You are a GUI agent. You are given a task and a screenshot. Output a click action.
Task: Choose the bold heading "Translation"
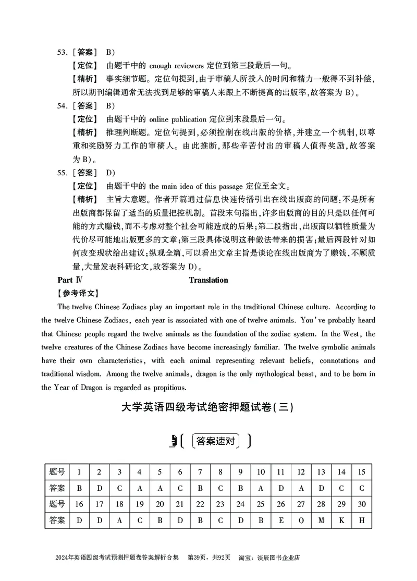point(208,280)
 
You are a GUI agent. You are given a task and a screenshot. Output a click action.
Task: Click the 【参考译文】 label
point(77,293)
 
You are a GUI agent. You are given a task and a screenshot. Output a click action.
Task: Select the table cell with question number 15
point(361,472)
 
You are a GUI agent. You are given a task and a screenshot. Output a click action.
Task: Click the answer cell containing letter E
point(280,520)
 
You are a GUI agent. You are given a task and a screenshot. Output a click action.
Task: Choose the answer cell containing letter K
point(341,520)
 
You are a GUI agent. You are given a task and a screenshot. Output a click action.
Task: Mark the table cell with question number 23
point(220,504)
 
